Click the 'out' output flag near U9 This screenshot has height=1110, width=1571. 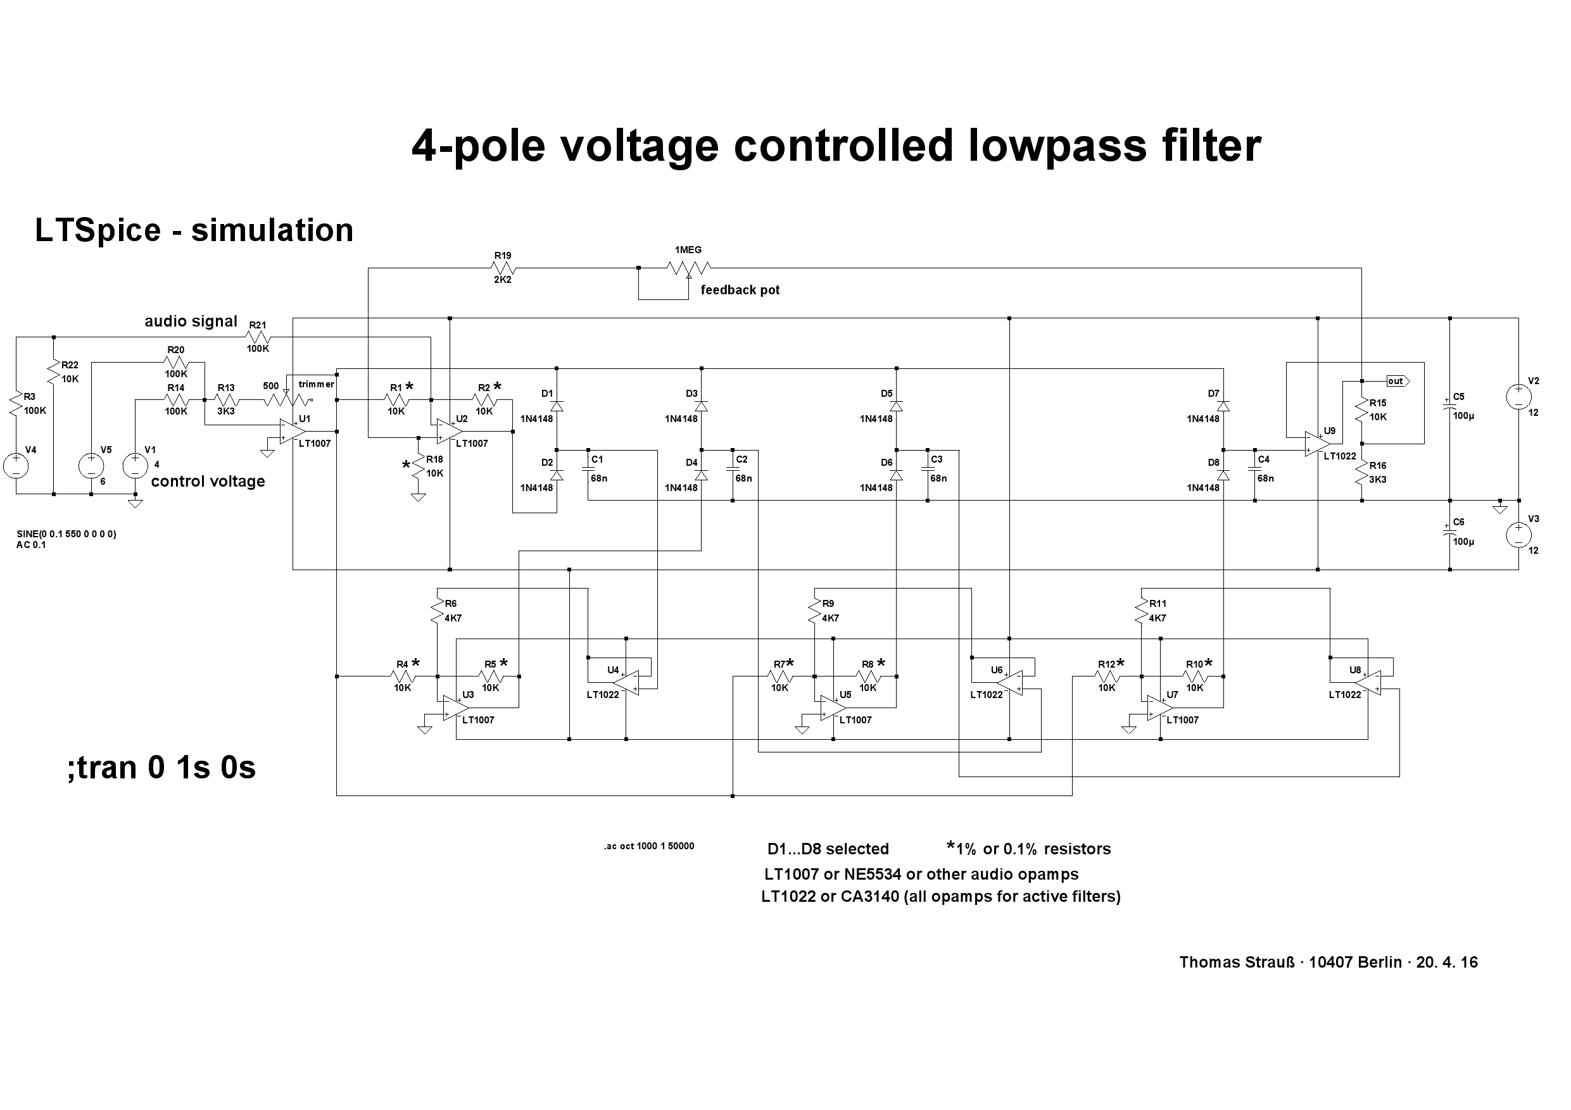coord(1397,381)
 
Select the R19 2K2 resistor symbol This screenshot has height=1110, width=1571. coord(503,268)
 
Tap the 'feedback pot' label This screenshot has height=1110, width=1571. coord(740,290)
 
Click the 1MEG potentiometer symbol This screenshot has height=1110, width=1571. coord(688,268)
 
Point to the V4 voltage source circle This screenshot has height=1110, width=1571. coord(16,466)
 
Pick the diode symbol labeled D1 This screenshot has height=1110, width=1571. coord(557,406)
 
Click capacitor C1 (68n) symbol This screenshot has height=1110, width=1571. coord(588,468)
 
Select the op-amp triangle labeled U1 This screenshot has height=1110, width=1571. coord(293,431)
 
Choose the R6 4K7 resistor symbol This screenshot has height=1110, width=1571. coord(437,611)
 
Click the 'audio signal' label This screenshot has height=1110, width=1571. coord(191,321)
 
